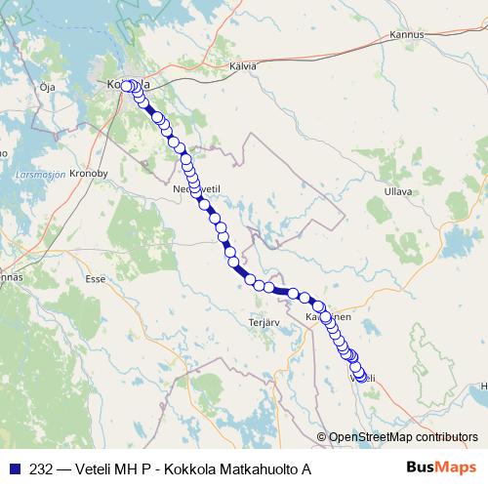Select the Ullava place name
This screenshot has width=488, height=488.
tap(400, 191)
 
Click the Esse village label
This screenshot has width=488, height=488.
tap(95, 278)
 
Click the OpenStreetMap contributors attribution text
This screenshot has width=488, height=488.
tap(403, 437)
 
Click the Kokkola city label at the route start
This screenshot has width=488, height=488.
tap(126, 85)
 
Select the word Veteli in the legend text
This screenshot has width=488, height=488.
tap(95, 469)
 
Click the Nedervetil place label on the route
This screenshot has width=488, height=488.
tap(192, 184)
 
